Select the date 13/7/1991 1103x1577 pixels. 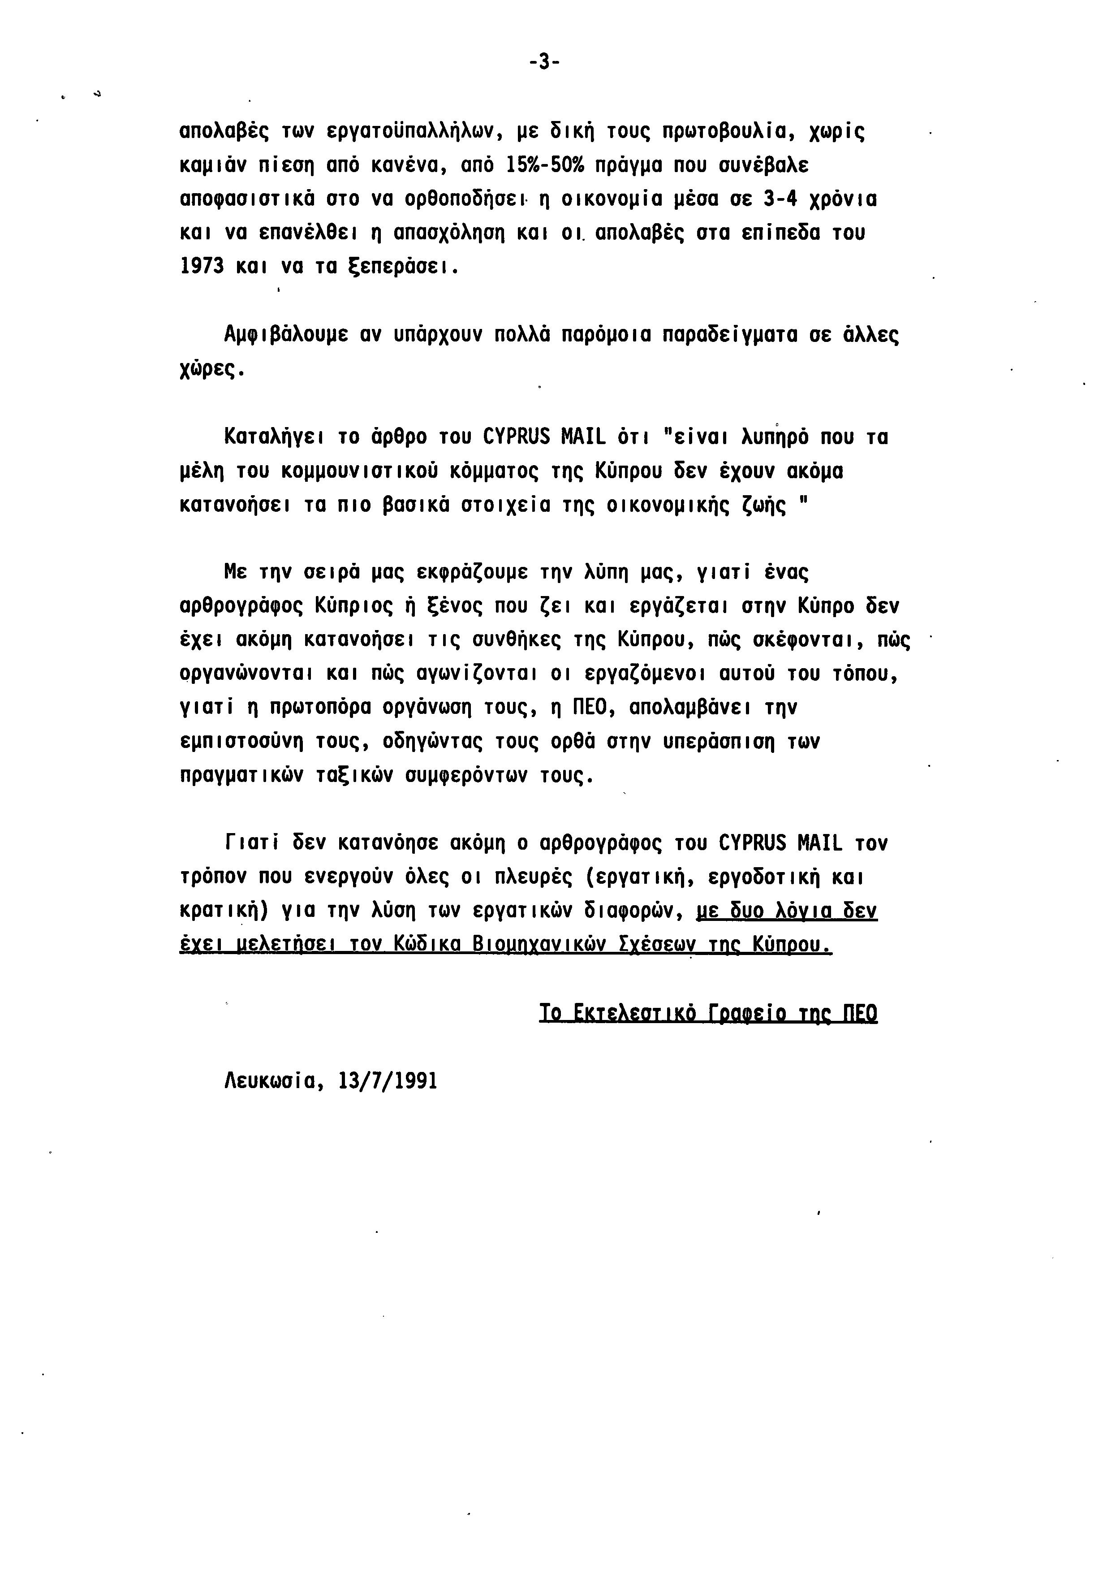pos(388,1081)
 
